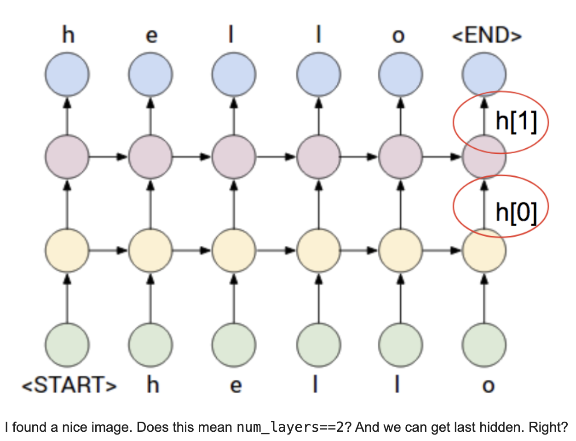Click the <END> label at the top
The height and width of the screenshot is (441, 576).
(x=487, y=35)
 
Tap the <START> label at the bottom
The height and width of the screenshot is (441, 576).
(x=69, y=385)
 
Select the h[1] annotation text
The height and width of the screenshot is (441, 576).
(x=516, y=122)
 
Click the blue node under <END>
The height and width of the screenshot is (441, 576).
(x=484, y=74)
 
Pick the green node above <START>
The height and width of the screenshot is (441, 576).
(x=67, y=345)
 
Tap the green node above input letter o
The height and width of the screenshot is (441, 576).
(x=484, y=345)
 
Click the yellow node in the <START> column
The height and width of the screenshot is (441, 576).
(x=67, y=250)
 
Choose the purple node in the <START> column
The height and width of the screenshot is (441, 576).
(x=67, y=157)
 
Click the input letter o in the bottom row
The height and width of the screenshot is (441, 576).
(x=488, y=386)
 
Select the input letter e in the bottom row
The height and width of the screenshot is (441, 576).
(x=236, y=386)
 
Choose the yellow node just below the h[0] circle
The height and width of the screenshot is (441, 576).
(x=484, y=250)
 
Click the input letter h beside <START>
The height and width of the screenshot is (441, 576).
(x=153, y=385)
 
